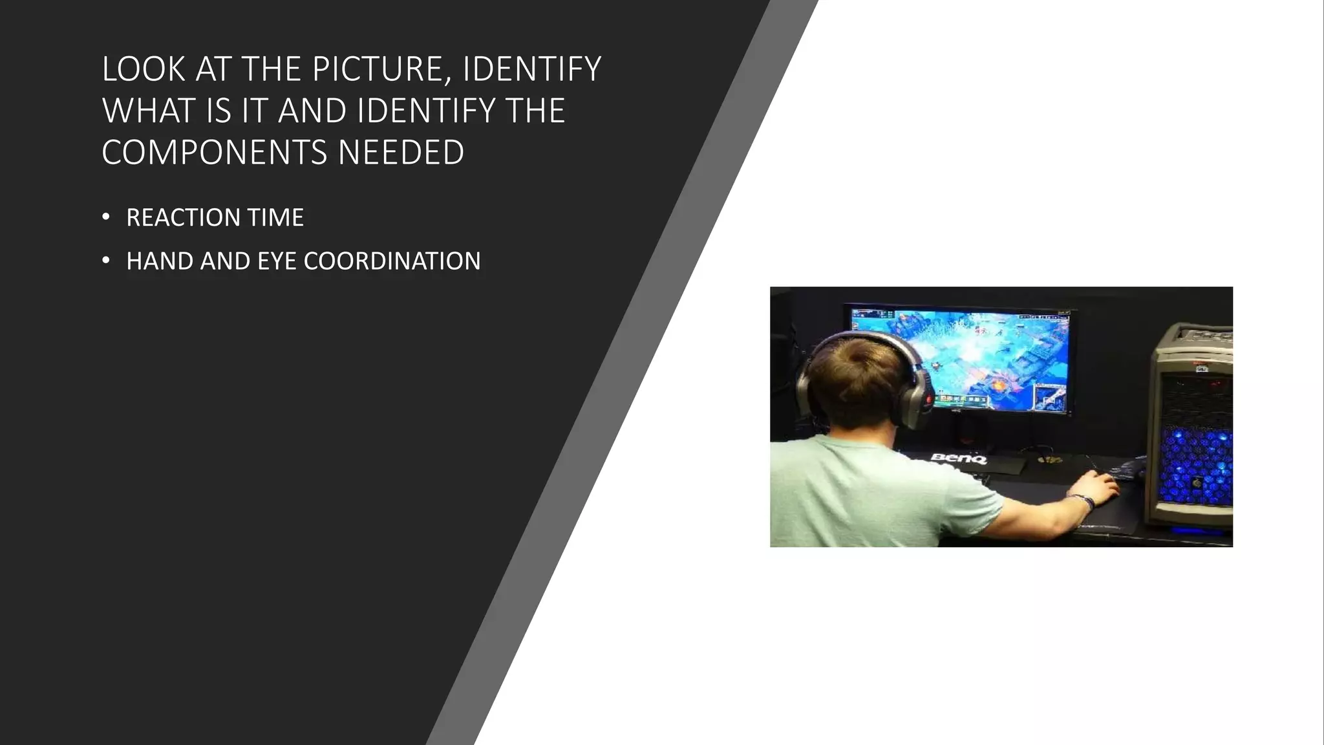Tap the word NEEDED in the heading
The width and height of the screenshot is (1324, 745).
[401, 153]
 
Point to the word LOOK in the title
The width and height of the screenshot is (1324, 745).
[144, 69]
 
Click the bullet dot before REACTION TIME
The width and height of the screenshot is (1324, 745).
[106, 217]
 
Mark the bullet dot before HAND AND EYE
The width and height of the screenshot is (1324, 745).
[106, 261]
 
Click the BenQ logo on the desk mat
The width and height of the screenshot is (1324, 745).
[958, 459]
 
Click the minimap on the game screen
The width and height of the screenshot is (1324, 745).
[1050, 396]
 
